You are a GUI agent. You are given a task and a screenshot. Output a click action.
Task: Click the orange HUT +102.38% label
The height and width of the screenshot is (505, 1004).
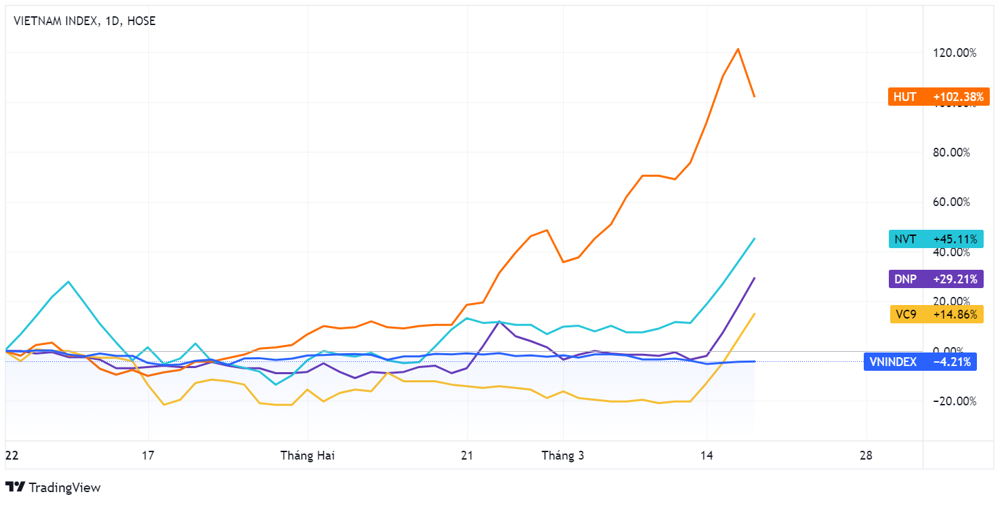938,97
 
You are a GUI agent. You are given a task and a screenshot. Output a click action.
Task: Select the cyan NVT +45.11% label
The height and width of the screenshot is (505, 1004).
936,239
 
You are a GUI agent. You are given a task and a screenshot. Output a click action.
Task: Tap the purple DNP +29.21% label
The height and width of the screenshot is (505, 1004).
936,279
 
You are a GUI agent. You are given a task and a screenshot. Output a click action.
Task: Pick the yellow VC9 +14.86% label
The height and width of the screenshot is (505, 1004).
936,315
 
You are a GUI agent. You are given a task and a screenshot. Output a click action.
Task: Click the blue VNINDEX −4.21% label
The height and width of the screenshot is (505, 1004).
921,362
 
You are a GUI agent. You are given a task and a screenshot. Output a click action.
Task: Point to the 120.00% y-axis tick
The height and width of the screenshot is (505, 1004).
955,53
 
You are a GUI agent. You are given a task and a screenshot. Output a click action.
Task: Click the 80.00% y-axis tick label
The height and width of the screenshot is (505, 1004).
952,153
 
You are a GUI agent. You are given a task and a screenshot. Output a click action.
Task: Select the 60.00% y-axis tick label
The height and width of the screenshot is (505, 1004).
952,202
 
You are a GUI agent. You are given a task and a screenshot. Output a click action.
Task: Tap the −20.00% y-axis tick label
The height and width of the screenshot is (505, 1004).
955,401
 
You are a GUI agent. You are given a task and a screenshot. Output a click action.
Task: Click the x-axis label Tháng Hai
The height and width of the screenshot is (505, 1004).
308,456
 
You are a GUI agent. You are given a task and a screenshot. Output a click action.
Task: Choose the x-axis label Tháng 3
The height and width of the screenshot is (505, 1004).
562,456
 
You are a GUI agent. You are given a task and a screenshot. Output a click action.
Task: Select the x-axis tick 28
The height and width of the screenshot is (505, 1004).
866,456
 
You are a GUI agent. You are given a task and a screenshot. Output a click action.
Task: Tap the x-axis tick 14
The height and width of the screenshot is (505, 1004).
707,456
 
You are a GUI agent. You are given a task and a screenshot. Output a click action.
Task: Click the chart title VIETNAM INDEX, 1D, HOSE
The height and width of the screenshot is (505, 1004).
85,21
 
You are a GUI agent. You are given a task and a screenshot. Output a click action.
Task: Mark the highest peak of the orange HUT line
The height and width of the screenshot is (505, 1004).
738,49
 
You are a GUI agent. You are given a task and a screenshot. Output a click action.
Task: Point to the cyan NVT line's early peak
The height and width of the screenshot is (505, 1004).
68,281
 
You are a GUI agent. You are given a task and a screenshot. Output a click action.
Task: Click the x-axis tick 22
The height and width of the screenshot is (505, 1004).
12,456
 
